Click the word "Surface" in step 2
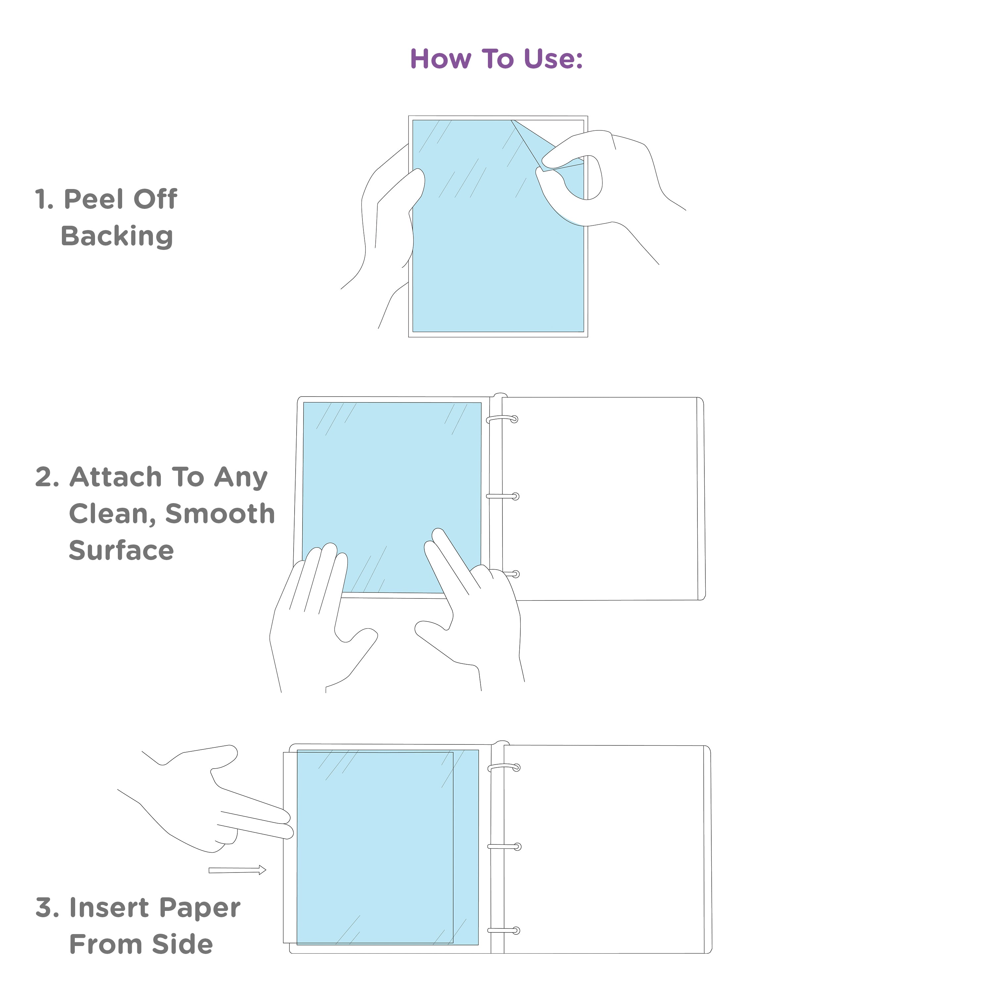[x=121, y=550]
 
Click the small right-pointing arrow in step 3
[x=237, y=870]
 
